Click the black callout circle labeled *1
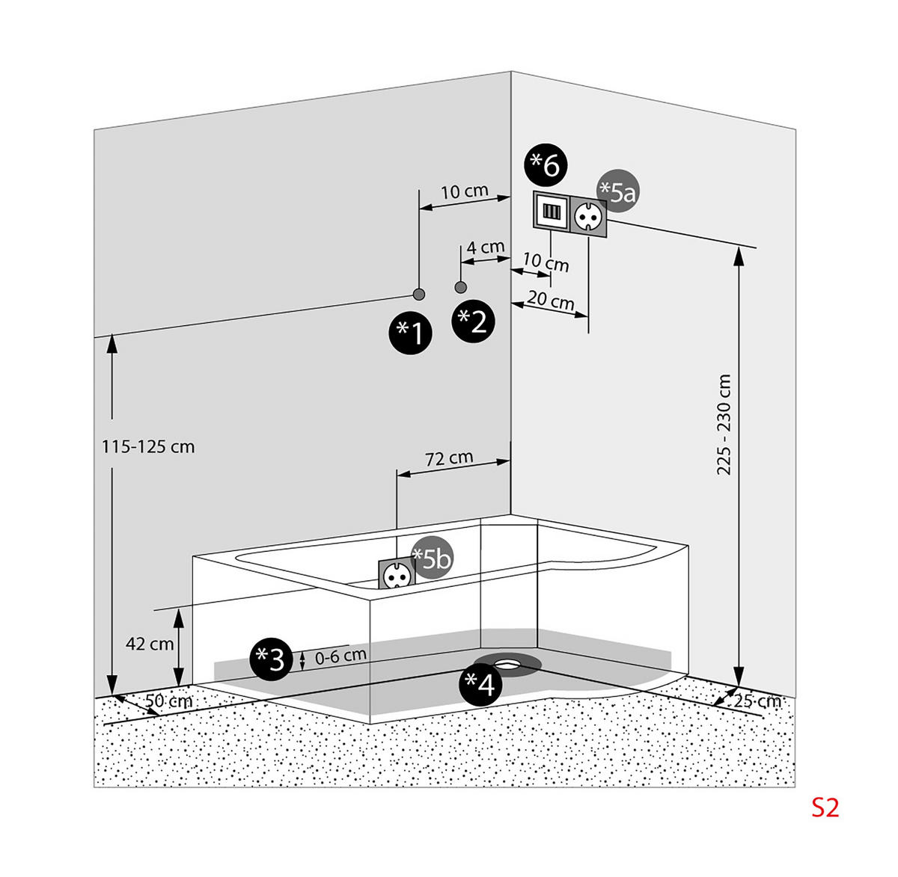coord(411,333)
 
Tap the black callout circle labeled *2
coord(474,321)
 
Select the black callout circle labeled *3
coord(270,659)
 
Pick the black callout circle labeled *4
coord(480,683)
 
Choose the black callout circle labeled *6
coord(546,165)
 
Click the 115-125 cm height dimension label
coord(148,447)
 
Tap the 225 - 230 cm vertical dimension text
coord(723,425)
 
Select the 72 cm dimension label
coord(449,458)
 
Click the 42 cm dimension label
coord(150,644)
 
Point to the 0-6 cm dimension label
coord(341,656)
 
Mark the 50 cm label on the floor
coord(168,701)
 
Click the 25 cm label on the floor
coord(757,701)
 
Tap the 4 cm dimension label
coord(486,247)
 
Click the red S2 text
coord(826,808)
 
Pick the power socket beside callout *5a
coord(587,215)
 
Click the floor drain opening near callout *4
coord(512,662)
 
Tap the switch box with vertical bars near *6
coord(551,211)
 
